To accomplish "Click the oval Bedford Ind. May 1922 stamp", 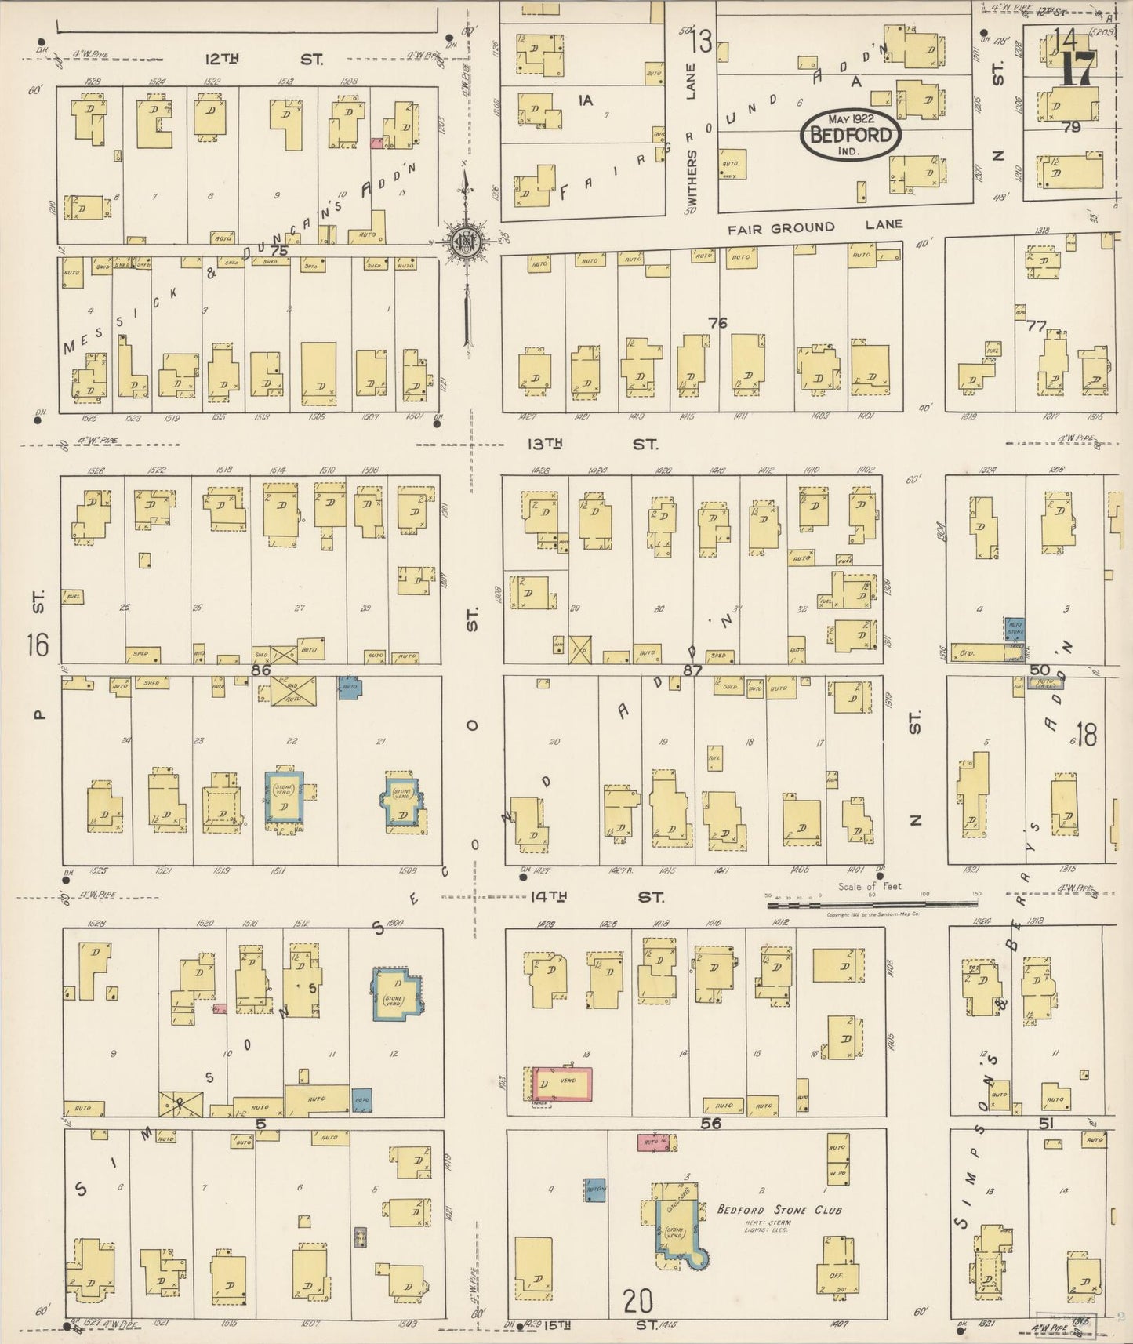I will tap(851, 135).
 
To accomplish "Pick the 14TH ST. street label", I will tap(597, 895).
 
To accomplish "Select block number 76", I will tap(717, 322).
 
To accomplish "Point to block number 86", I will tap(260, 670).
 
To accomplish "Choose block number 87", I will tap(692, 670).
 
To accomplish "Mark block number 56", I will tap(710, 1123).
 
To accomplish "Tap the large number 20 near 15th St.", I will tap(638, 1302).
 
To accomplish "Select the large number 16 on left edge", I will tap(37, 645).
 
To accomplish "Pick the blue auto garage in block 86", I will tap(349, 687).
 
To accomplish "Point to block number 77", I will tap(1036, 325).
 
